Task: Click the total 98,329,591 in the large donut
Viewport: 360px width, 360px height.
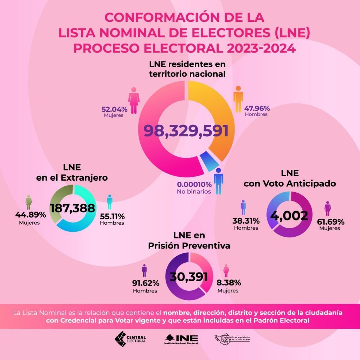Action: (x=186, y=131)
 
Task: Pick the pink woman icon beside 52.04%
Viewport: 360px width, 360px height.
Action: (x=134, y=101)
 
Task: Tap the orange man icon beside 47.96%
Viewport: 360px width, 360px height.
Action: (x=238, y=99)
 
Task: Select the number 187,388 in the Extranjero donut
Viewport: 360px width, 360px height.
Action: (x=72, y=208)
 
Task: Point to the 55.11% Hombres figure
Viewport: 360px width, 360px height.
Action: (x=112, y=216)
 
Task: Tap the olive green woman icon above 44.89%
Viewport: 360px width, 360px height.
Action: (x=29, y=202)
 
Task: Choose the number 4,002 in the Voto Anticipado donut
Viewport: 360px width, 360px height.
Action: (x=289, y=215)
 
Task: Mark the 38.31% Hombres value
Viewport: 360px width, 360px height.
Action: (x=246, y=221)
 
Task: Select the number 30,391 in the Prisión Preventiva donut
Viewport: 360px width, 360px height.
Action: (x=188, y=276)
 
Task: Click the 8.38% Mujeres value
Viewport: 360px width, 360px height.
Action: (x=227, y=283)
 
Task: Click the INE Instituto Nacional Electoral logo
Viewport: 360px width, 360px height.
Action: (x=181, y=339)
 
